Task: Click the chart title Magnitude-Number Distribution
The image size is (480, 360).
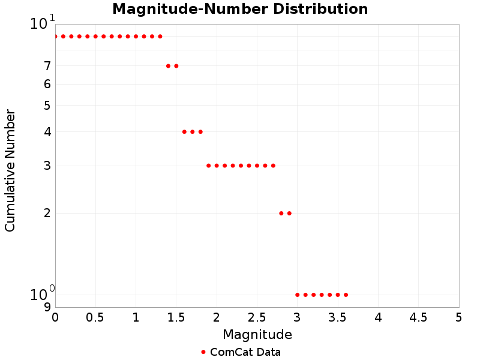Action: coord(240,10)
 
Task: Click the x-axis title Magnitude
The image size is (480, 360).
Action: coord(257,334)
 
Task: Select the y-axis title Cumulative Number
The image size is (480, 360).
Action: coord(10,170)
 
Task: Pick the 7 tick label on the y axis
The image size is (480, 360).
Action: coord(47,66)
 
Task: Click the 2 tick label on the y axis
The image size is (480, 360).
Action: coord(47,213)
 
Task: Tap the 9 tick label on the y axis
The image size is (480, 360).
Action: coord(47,307)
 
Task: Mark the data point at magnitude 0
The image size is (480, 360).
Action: coord(55,37)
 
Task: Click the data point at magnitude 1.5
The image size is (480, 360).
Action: coord(176,66)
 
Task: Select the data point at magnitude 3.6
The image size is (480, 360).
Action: coord(346,295)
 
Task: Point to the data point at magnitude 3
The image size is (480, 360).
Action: coord(298,295)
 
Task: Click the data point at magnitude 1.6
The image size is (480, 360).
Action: coord(184,132)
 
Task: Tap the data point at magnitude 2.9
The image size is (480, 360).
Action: coord(289,213)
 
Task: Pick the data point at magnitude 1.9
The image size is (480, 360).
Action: coord(208,166)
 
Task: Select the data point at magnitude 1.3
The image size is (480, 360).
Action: coord(160,37)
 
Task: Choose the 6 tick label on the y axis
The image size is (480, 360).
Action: coord(47,85)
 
